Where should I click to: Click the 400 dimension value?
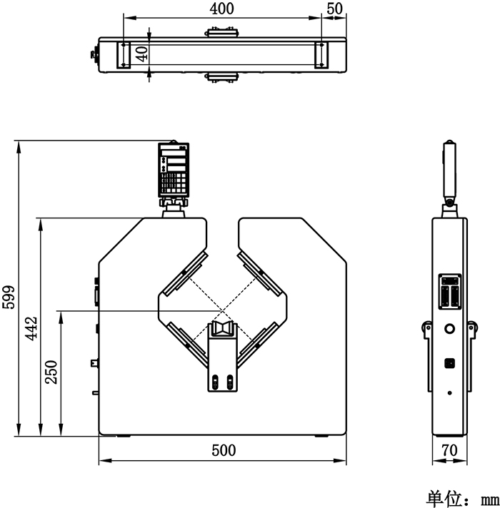[x=221, y=9]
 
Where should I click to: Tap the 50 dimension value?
[x=334, y=9]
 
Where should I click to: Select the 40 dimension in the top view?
[x=141, y=54]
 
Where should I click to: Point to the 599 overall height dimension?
[x=9, y=297]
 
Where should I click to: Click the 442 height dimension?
[x=31, y=328]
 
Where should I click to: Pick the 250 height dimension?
[x=51, y=372]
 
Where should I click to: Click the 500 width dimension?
[x=224, y=450]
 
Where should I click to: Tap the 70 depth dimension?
[x=449, y=450]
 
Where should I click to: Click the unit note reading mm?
[x=490, y=500]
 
